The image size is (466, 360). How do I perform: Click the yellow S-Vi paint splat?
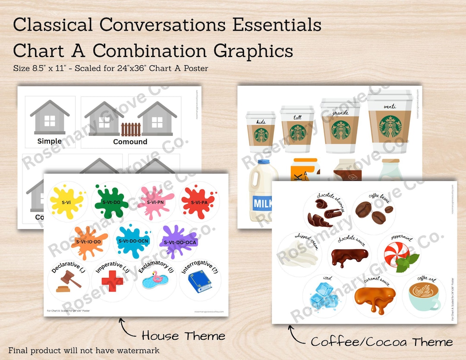pyautogui.click(x=66, y=201)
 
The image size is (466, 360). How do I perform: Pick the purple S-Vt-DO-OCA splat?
pyautogui.click(x=178, y=242)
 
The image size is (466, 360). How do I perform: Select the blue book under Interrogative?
pyautogui.click(x=200, y=281)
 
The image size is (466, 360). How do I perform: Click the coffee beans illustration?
pyautogui.click(x=373, y=210)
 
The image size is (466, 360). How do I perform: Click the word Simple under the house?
pyautogui.click(x=50, y=141)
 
